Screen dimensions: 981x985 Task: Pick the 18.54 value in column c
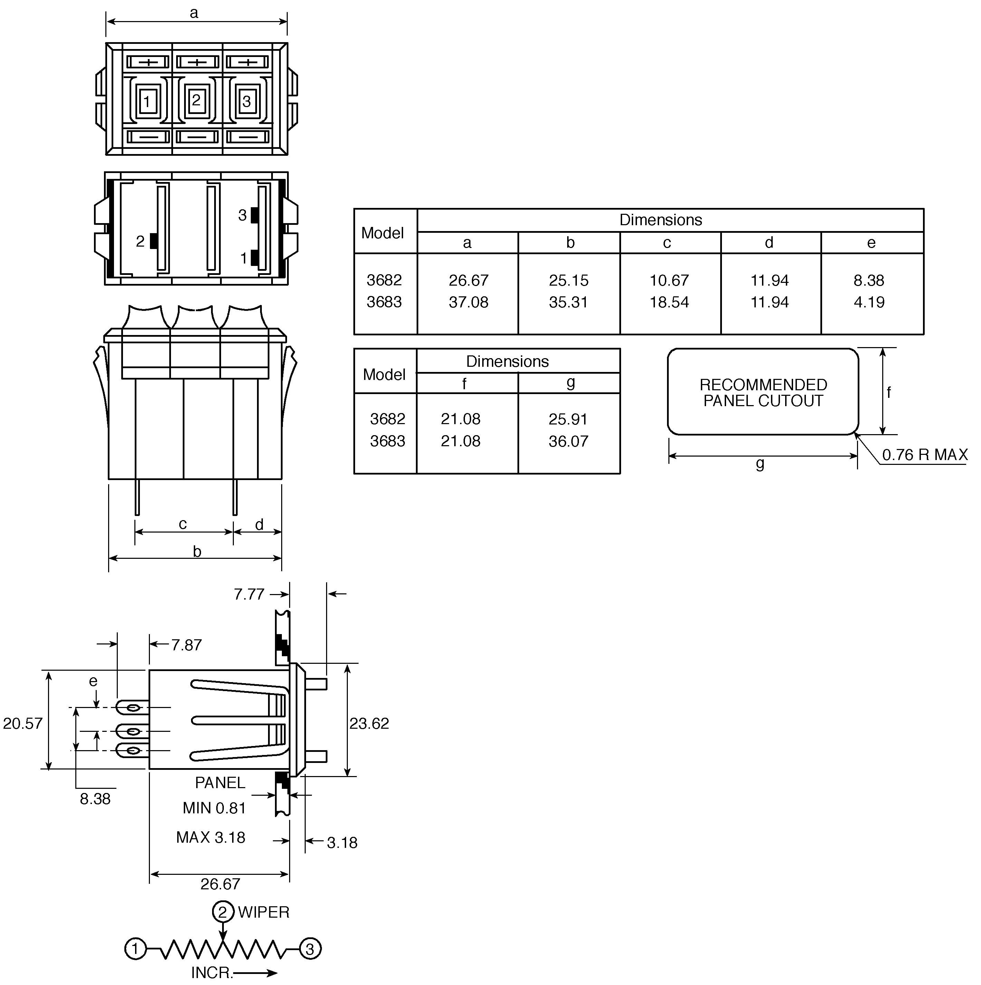pos(669,302)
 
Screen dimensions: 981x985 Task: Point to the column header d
pos(769,243)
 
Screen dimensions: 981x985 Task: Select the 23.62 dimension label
pos(369,724)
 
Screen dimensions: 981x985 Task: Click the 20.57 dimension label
pos(23,724)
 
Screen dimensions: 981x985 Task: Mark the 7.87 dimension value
pos(187,645)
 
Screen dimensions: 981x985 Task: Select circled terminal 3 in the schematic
pos(310,949)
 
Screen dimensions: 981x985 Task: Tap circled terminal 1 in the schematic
pos(136,949)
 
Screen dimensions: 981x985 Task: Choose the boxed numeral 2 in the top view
pos(196,100)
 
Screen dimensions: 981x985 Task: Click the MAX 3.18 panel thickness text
pos(211,838)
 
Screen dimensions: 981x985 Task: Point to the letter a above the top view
pos(194,13)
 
